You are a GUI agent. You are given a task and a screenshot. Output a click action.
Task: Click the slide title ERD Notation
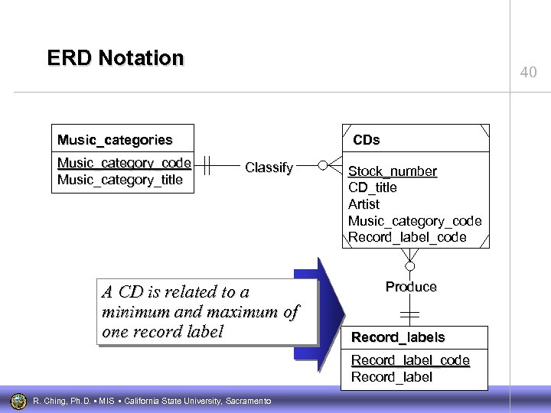(116, 58)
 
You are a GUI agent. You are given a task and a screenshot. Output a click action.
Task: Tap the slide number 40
(528, 73)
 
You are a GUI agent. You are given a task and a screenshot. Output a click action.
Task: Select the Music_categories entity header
(116, 140)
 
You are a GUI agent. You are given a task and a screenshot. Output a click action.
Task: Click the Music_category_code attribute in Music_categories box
(124, 163)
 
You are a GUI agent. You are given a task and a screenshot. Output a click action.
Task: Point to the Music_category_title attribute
(120, 180)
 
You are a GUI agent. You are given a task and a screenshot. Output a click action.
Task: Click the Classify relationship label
(269, 167)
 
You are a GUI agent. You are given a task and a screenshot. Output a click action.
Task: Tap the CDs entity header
(366, 140)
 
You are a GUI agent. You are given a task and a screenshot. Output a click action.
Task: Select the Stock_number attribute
(393, 171)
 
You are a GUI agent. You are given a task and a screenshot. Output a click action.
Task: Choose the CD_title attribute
(373, 188)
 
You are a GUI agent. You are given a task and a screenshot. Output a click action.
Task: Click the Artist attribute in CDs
(364, 204)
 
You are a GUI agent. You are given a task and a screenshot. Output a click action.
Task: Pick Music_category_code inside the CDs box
(415, 221)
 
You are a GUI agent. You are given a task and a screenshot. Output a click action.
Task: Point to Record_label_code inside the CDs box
(407, 238)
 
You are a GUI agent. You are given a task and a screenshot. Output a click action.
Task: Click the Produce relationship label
(411, 287)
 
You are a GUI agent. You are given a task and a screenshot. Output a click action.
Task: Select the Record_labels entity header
(398, 337)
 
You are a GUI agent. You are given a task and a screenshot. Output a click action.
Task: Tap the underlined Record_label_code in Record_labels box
(410, 360)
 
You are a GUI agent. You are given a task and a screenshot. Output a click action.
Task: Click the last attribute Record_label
(391, 377)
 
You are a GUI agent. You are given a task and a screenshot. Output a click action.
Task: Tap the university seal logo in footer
(17, 399)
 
